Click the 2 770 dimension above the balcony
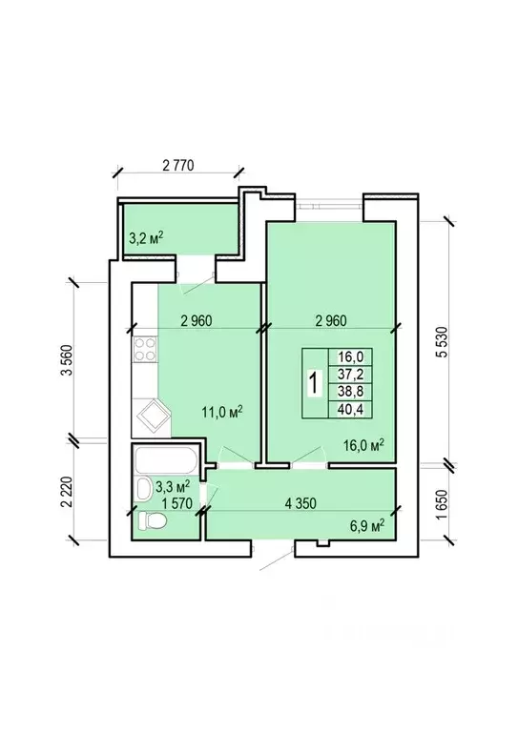pos(178,165)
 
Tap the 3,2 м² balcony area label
pos(146,238)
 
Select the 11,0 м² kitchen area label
pos(222,412)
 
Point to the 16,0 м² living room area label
pos(363,445)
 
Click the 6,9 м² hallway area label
pos(367,526)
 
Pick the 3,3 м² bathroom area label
pos(173,487)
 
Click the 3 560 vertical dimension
pos(68,360)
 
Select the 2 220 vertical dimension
pos(68,492)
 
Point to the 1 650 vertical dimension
pos(442,504)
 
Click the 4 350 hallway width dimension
pos(300,503)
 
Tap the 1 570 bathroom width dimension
pos(177,503)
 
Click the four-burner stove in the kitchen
pos(145,349)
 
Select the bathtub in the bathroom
pos(166,460)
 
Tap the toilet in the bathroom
pos(154,520)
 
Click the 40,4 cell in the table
pos(350,410)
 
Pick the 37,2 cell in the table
pos(350,375)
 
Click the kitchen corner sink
pos(152,416)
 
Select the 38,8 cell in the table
pos(350,392)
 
